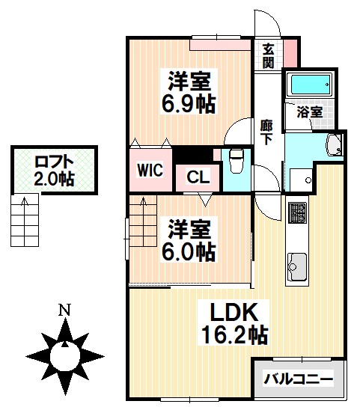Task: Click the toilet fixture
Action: coord(236,161)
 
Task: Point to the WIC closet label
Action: coord(149,169)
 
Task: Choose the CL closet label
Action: coord(198,177)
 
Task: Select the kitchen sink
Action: coord(296,266)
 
